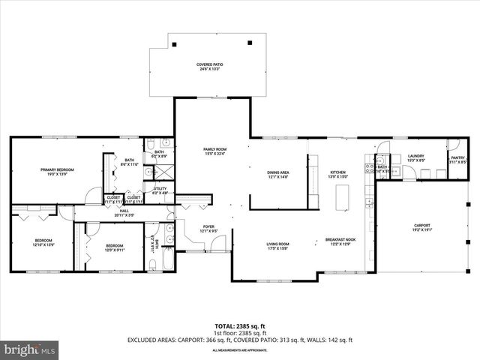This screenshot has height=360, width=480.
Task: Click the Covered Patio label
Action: pos(210,67)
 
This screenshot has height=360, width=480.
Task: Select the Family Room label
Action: pos(214,151)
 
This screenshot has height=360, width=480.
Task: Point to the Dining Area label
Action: pos(278,175)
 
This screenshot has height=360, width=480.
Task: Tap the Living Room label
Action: pos(278,246)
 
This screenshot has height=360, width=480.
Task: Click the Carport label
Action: pos(423,227)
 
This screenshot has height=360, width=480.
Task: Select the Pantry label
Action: pos(457,159)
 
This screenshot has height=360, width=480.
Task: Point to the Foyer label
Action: pos(209,229)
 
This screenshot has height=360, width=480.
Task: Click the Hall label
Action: pos(124,213)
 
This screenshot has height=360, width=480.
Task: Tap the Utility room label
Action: pos(160,190)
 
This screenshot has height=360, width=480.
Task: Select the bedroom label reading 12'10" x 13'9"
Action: pos(42,243)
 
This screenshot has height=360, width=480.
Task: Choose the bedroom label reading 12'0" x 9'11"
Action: pos(114,247)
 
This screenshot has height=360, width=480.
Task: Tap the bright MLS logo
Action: pos(30,349)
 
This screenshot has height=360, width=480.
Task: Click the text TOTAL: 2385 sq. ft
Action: pos(240,326)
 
